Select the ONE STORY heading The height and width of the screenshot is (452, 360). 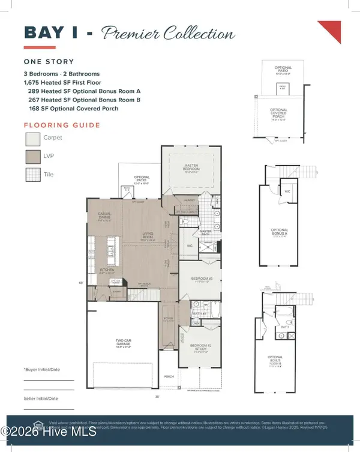(x=49, y=61)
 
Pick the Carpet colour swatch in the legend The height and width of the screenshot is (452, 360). (x=32, y=140)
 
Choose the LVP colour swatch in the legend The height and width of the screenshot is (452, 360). (x=32, y=158)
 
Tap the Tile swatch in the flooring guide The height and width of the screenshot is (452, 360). (x=32, y=175)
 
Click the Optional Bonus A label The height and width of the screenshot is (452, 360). (x=280, y=232)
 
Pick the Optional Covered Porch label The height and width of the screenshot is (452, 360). (x=279, y=113)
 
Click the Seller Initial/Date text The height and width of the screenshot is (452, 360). (x=41, y=399)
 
